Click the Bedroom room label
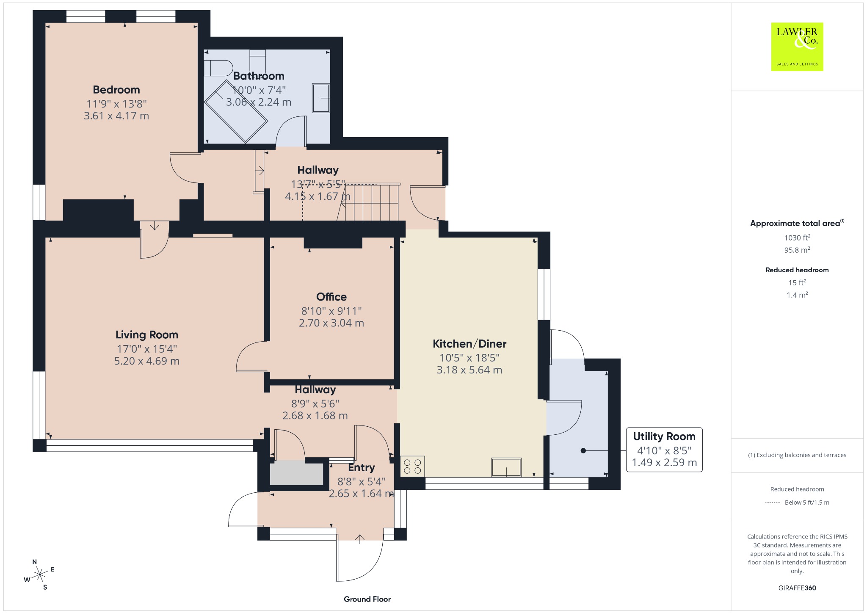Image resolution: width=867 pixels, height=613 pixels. coord(116,90)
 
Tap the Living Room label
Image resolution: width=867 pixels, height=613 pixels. coord(147,335)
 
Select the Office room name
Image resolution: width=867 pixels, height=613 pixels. coord(331,297)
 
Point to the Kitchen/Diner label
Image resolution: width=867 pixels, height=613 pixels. coord(469,344)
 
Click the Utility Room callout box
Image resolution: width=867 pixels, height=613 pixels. coord(664,450)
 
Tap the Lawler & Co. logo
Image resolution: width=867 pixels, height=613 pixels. coord(797,47)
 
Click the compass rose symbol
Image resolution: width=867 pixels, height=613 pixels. coord(39,574)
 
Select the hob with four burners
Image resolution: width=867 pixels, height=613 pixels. coord(412,467)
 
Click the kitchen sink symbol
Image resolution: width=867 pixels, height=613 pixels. coord(506,467)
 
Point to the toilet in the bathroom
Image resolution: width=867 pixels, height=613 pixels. coord(218,68)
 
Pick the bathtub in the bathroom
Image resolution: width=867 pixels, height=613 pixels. coord(236,111)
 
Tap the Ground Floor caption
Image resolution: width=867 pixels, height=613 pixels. coord(367,599)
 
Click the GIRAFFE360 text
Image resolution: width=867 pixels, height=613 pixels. coord(797,588)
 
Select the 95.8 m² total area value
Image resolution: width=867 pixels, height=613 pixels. coord(797,250)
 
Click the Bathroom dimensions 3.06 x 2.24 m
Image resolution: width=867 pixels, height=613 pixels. coord(259,102)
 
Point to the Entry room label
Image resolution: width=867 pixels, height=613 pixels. coord(362,468)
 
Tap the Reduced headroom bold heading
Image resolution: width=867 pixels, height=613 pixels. coord(797,270)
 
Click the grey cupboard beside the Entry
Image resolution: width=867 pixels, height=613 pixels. coord(296,474)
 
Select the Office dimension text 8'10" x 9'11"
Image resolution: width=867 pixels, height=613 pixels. coord(331,311)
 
